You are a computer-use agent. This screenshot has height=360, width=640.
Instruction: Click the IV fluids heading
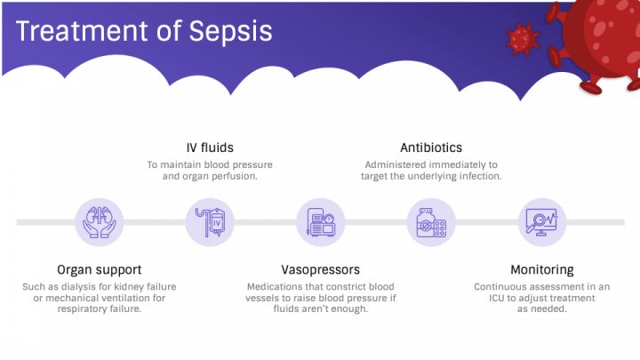211,148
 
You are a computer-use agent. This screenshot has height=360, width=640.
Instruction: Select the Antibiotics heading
431,148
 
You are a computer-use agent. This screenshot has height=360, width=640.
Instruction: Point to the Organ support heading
100,269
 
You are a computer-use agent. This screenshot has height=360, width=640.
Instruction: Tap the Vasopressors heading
320,269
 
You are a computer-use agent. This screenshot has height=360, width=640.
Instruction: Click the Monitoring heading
541,269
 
